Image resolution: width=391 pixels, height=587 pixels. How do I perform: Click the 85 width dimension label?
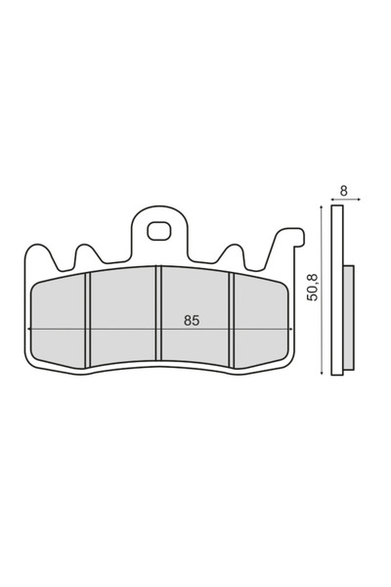[192, 320]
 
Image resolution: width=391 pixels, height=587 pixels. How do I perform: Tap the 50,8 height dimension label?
[313, 290]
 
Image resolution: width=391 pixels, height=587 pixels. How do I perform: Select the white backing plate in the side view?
[338, 293]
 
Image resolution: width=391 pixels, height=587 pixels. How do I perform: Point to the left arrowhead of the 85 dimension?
[36, 330]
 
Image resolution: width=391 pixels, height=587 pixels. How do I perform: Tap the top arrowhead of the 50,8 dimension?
[322, 207]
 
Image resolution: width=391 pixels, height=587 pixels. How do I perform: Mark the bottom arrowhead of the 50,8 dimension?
[322, 375]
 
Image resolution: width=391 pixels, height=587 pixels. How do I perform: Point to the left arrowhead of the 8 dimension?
[333, 200]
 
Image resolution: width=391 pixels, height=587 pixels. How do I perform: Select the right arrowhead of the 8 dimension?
[360, 200]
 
